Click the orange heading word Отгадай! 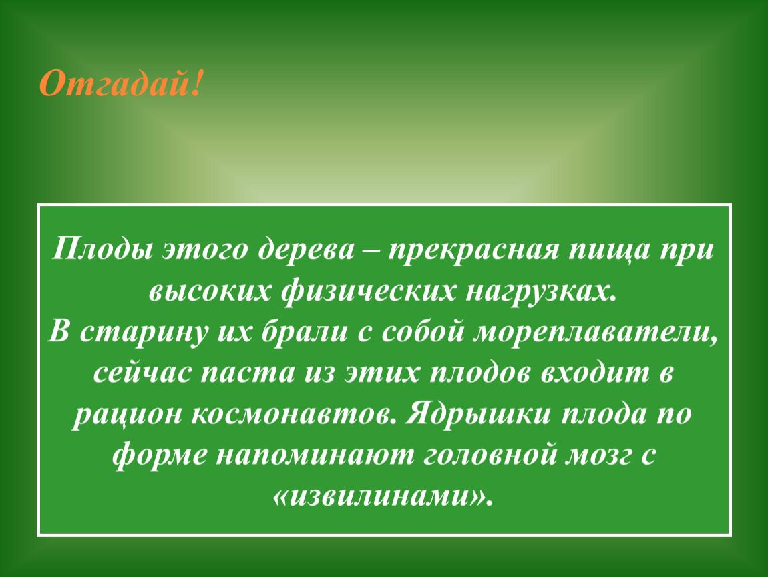click(120, 83)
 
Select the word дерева click(306, 249)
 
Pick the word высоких click(210, 291)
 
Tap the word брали click(305, 332)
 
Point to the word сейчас click(142, 373)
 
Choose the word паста click(248, 373)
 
